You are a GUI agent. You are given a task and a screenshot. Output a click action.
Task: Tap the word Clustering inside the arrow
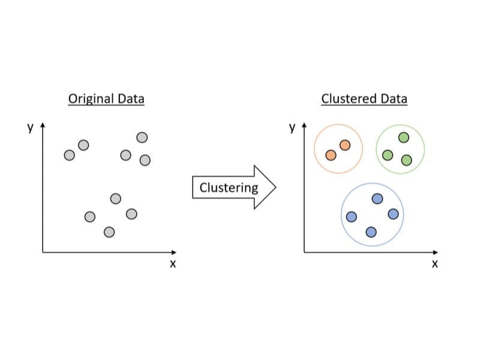click(x=229, y=188)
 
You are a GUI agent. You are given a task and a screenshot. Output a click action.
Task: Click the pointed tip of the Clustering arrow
click(x=276, y=187)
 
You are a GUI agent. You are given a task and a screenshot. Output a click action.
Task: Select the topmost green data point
click(x=404, y=137)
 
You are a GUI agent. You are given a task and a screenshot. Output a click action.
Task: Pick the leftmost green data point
click(x=388, y=155)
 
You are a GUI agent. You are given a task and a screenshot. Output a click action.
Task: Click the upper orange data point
click(x=345, y=145)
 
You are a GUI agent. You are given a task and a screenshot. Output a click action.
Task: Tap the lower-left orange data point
click(x=331, y=155)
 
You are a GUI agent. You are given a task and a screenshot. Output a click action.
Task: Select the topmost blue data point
click(x=377, y=199)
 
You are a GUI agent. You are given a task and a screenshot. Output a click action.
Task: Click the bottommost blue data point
click(x=371, y=232)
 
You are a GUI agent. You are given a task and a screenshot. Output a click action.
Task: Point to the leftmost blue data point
click(x=352, y=217)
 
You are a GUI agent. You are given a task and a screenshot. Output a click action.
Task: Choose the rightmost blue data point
click(x=394, y=214)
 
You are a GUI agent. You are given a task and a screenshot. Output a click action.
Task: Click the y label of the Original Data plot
click(x=30, y=127)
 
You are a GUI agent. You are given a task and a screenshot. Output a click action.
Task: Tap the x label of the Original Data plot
click(x=173, y=264)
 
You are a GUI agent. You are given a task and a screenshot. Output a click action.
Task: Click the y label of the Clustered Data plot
click(x=292, y=127)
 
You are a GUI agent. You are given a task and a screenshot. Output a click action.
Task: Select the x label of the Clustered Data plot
click(x=434, y=264)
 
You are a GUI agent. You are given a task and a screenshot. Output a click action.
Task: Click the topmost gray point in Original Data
click(x=142, y=137)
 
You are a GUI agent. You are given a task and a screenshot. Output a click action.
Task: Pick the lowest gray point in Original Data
click(x=109, y=232)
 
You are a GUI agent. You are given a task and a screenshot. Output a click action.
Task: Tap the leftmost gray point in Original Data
click(x=70, y=155)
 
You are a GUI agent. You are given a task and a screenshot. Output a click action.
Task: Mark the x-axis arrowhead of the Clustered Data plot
click(x=436, y=252)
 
